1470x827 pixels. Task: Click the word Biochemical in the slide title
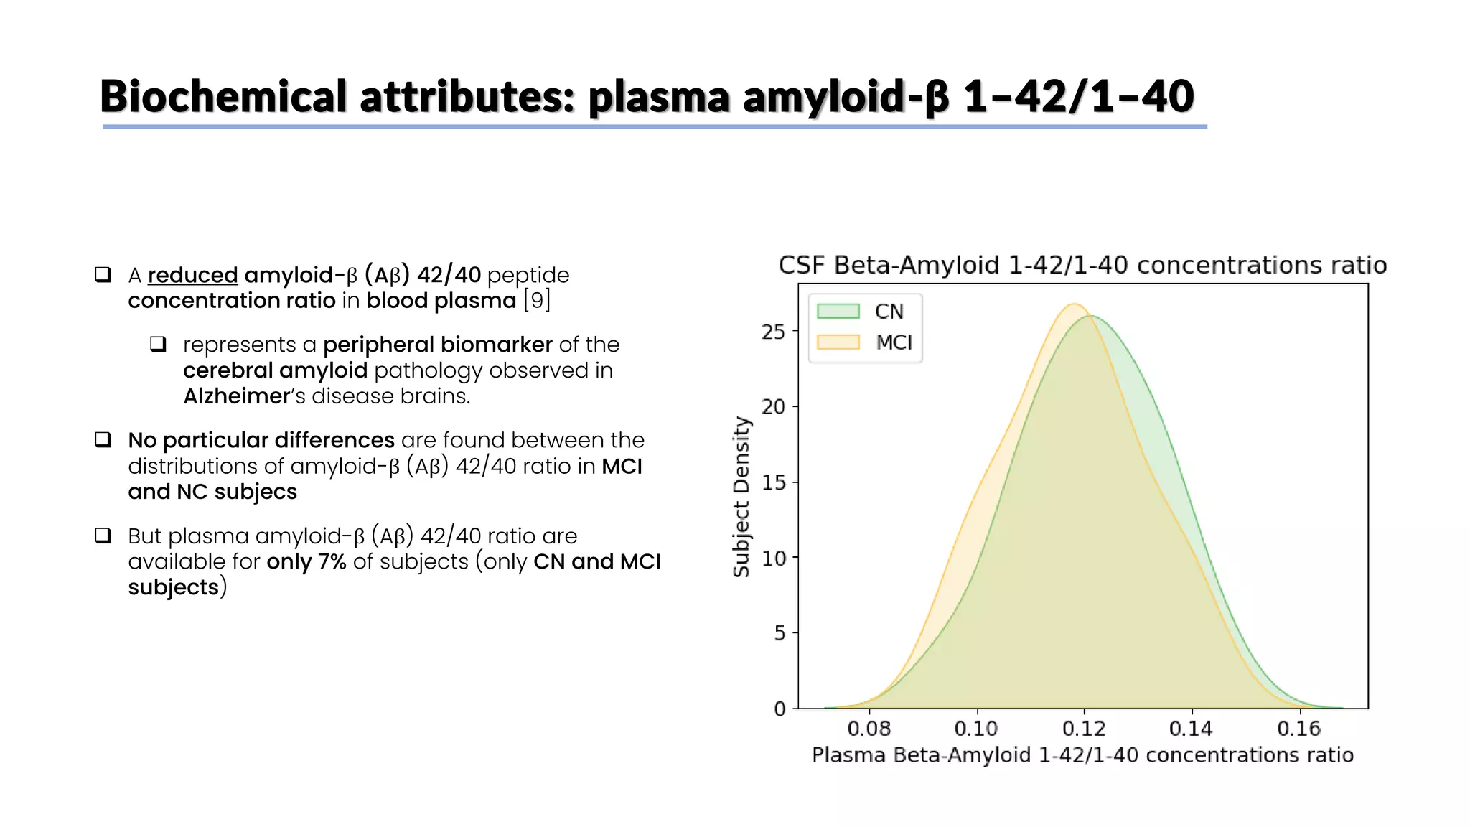pos(223,96)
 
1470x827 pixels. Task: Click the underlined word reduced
pos(192,275)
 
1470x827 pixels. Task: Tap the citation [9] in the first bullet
pos(537,300)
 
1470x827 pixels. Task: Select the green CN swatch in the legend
pos(838,311)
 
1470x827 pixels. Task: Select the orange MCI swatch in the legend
pos(838,342)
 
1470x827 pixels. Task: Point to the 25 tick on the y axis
pos(774,332)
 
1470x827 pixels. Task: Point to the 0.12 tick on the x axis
pos(1084,728)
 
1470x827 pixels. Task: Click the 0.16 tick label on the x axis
pos(1298,728)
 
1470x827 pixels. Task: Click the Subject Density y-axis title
pos(741,497)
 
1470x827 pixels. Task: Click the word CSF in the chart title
pos(802,265)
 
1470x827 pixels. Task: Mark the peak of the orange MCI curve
pos(1074,304)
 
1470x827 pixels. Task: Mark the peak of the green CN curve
pos(1091,317)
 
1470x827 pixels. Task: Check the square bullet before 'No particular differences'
pos(103,439)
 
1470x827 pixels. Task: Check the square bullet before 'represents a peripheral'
pos(158,344)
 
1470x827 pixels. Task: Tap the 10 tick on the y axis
pos(774,558)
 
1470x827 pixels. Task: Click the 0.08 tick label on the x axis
pos(869,728)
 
